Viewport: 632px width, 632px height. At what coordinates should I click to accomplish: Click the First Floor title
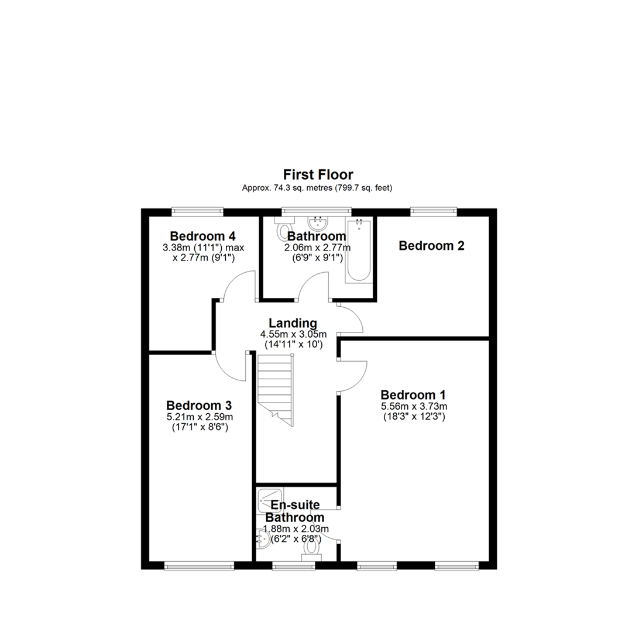(x=318, y=174)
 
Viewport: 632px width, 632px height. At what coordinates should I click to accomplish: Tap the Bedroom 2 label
(x=431, y=245)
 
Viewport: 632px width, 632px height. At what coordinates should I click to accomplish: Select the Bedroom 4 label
(x=202, y=236)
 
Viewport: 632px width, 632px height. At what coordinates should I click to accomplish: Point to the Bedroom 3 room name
(x=199, y=405)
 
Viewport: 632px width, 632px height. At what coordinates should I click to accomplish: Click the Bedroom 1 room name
(x=413, y=394)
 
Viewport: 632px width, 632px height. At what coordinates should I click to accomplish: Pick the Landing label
(x=293, y=323)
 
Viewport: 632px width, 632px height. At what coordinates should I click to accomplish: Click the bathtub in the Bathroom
(x=359, y=250)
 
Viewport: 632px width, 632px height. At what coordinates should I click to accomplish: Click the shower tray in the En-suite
(x=270, y=500)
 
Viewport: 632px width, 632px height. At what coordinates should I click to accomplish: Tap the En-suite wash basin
(x=263, y=538)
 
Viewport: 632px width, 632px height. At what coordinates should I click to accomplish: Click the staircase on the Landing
(x=275, y=390)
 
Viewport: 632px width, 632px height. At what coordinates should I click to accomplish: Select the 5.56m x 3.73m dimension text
(x=414, y=406)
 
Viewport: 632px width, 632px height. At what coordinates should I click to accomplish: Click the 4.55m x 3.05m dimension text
(x=293, y=334)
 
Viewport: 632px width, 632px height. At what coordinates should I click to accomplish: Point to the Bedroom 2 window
(x=434, y=211)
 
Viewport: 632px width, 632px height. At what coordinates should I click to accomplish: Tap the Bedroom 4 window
(x=197, y=211)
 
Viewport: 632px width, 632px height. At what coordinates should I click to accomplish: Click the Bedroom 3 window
(x=199, y=566)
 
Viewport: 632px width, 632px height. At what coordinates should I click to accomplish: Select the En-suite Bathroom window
(x=293, y=566)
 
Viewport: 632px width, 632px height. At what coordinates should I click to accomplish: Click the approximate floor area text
(x=317, y=188)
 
